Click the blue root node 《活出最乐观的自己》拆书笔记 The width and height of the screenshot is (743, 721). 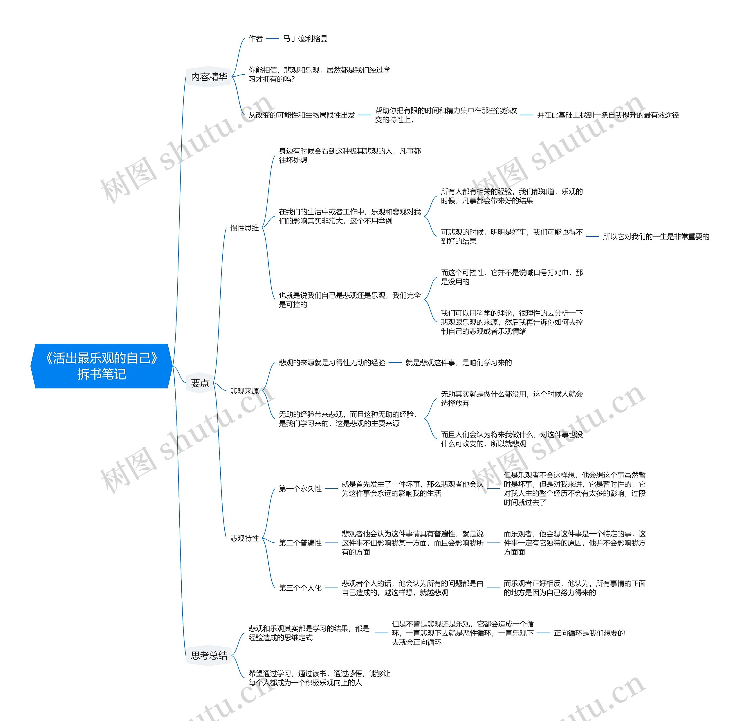(x=102, y=366)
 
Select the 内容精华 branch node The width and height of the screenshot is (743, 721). (x=209, y=77)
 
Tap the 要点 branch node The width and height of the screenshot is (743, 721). (x=200, y=383)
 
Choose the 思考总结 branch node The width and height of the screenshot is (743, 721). (x=209, y=655)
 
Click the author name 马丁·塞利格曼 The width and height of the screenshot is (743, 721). (x=305, y=39)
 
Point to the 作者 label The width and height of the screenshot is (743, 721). (x=255, y=39)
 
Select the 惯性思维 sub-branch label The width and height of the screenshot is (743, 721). (x=244, y=228)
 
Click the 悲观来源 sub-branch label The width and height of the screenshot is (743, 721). (x=244, y=391)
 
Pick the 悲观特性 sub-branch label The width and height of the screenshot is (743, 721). (x=244, y=539)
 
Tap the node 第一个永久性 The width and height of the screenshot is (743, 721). (x=300, y=489)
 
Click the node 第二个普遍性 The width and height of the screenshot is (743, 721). (x=300, y=543)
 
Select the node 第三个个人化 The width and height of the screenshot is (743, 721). (x=300, y=588)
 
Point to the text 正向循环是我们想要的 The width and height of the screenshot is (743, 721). (x=589, y=633)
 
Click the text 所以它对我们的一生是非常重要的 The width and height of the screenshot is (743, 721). (x=656, y=237)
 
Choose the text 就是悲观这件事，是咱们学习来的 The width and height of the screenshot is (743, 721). (x=459, y=363)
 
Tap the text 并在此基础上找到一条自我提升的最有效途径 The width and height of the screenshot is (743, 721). (x=608, y=115)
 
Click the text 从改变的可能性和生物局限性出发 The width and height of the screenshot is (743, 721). (x=302, y=115)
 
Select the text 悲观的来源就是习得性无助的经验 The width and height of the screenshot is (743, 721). (x=332, y=363)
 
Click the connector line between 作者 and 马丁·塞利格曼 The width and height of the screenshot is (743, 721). (x=273, y=39)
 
